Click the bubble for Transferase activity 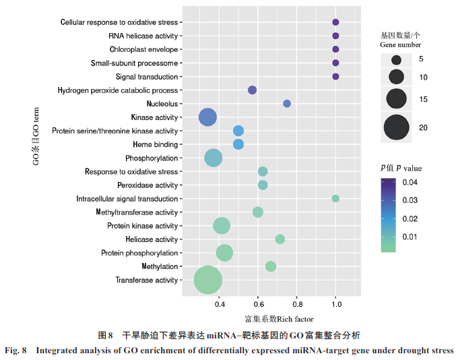pos(208,280)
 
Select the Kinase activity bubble pos(208,117)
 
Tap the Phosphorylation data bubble pos(213,158)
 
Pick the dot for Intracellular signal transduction pos(335,198)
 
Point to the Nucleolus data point pos(287,104)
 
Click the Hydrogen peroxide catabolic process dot pos(253,90)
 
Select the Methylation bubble pos(271,266)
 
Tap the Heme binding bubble pos(238,144)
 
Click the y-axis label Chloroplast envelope pos(143,50)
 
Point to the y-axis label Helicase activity pos(152,239)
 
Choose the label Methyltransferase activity pos(137,212)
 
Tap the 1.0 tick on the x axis pos(335,304)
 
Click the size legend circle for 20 pos(397,127)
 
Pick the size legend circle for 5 pos(397,59)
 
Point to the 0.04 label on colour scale pos(410,183)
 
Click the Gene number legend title pos(401,40)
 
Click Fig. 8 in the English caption pos(16,351)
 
